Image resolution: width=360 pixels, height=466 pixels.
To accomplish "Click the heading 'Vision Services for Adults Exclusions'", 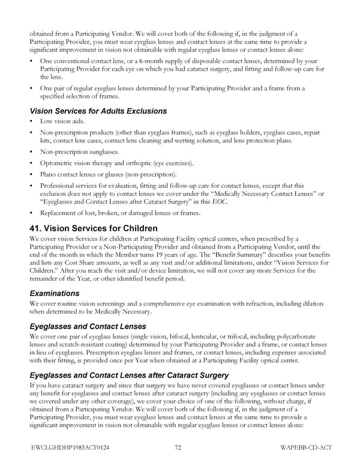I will [98, 110].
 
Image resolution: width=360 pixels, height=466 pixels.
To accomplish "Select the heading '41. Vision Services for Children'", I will [94, 228].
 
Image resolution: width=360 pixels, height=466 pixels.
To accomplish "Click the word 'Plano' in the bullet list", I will [50, 174].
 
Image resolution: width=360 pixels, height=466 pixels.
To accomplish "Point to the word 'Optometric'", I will [57, 163].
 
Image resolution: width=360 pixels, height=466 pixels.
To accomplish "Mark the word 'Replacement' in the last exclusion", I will [60, 213].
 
